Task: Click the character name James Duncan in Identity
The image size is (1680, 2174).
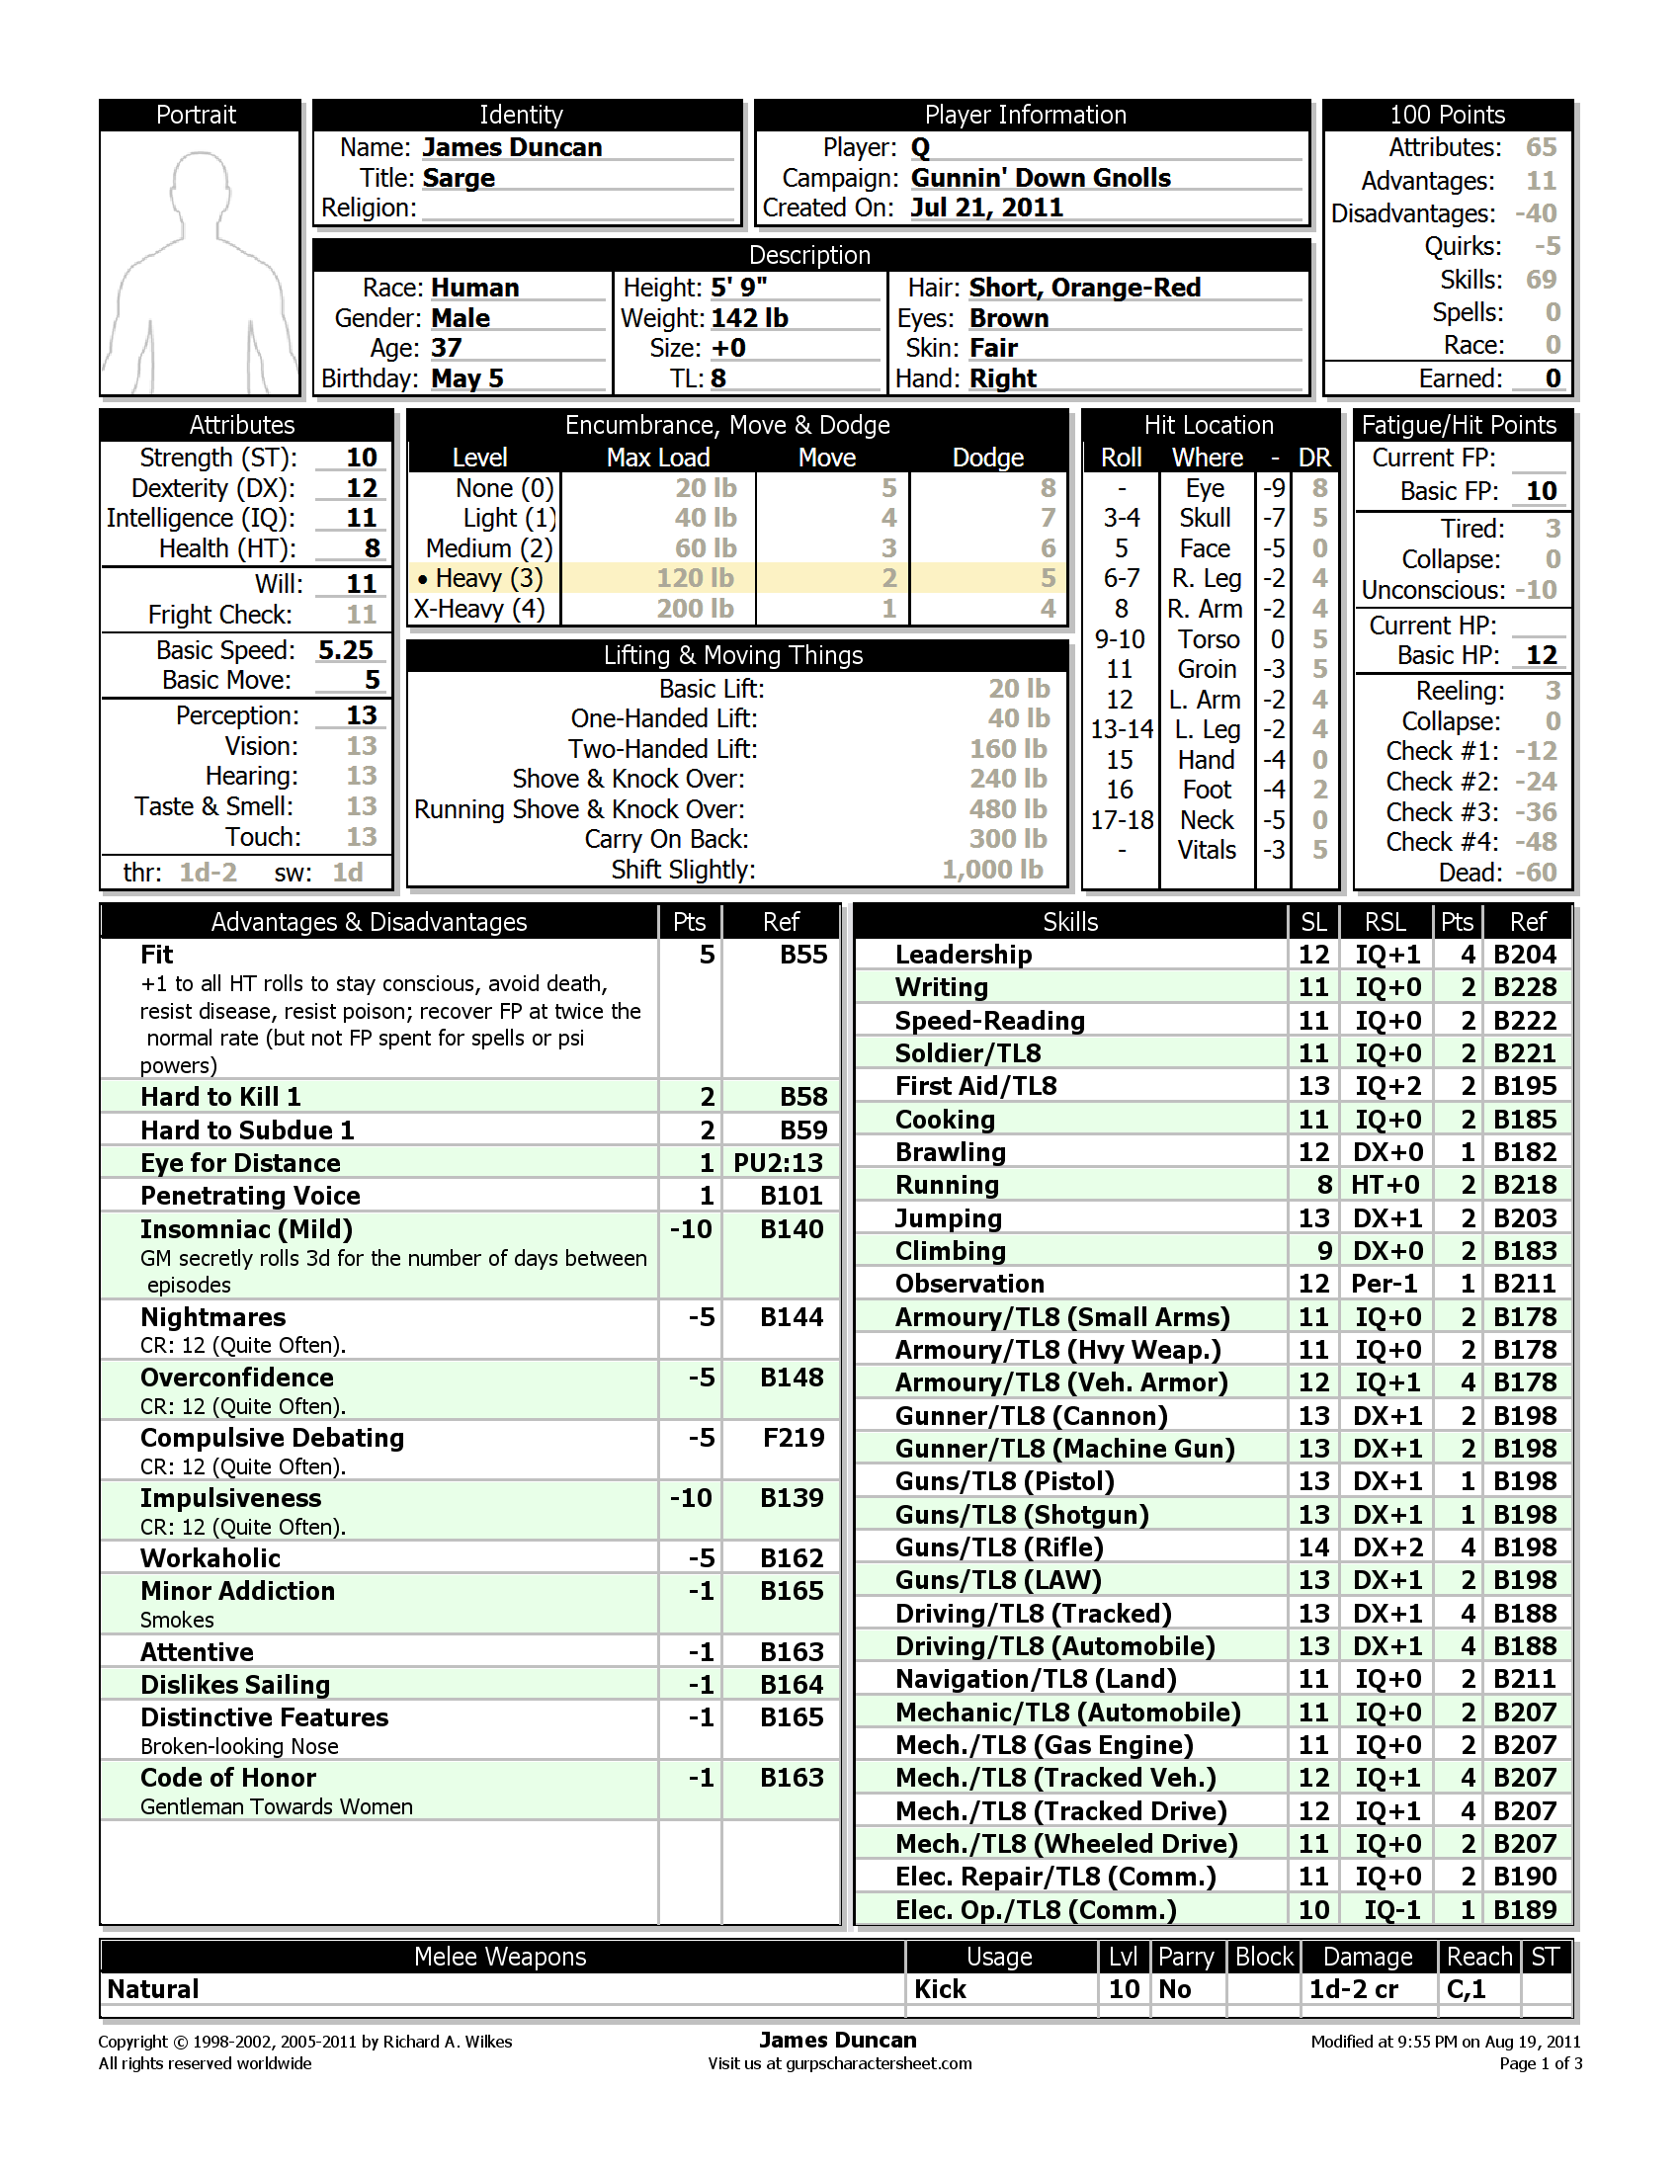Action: tap(512, 147)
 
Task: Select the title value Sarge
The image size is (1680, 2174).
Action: tap(458, 178)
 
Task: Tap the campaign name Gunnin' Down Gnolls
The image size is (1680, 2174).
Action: tap(1040, 178)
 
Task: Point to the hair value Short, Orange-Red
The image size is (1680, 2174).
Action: tap(1084, 288)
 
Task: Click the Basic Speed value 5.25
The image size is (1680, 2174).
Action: tap(345, 650)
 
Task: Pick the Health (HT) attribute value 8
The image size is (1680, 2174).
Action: tap(372, 548)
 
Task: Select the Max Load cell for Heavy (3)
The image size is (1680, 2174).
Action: tap(695, 578)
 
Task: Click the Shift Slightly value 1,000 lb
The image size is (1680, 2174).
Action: tap(992, 870)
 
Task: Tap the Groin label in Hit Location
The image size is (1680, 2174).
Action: tap(1207, 669)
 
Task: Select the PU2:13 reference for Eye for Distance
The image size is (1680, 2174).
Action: tap(778, 1163)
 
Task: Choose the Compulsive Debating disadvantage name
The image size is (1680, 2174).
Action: tap(272, 1438)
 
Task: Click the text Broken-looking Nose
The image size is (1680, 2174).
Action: tap(239, 1746)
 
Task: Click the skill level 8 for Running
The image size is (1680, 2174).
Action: tap(1322, 1185)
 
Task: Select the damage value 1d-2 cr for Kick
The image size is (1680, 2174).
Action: tap(1353, 1989)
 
